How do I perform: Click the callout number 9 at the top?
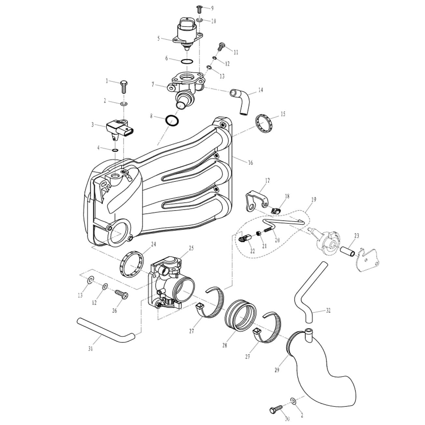(x=212, y=8)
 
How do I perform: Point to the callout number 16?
(x=250, y=163)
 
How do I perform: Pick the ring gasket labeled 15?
(x=264, y=124)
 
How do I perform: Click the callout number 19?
(x=313, y=200)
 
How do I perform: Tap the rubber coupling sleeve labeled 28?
(x=240, y=315)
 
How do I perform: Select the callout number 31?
(x=91, y=349)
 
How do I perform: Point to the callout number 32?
(x=328, y=310)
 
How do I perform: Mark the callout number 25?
(x=191, y=248)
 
